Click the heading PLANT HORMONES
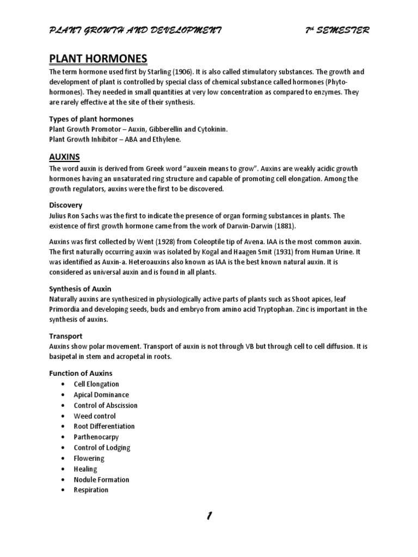point(98,58)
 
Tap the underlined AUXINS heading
point(65,157)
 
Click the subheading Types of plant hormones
point(91,119)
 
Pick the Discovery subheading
point(66,205)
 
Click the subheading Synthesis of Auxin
point(80,289)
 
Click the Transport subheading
point(66,336)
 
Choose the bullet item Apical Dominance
point(101,395)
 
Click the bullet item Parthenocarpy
point(96,437)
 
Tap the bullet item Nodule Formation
point(102,479)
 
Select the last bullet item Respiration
point(91,490)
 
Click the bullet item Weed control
point(95,416)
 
